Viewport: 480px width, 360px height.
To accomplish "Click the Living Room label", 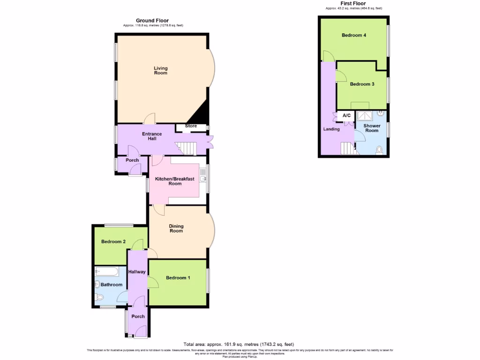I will [160, 70].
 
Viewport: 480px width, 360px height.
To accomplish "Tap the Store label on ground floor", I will [191, 126].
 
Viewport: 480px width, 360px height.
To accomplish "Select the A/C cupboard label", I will [347, 115].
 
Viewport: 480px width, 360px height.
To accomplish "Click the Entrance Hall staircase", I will [186, 149].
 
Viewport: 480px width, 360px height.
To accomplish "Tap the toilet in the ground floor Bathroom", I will [99, 297].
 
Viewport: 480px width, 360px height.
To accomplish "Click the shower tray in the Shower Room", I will [365, 115].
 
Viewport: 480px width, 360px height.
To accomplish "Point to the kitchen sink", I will [203, 178].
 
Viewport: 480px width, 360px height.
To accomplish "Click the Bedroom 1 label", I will [178, 277].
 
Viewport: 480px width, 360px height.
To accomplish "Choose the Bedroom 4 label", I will [354, 35].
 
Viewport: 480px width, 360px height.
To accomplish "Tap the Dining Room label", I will [176, 228].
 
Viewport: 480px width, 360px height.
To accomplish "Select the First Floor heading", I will [353, 3].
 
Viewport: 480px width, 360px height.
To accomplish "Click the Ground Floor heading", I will [152, 20].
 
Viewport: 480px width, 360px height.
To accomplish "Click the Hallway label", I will [137, 272].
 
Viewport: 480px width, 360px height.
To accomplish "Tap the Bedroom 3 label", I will [362, 84].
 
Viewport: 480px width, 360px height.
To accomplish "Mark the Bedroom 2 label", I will [113, 242].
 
